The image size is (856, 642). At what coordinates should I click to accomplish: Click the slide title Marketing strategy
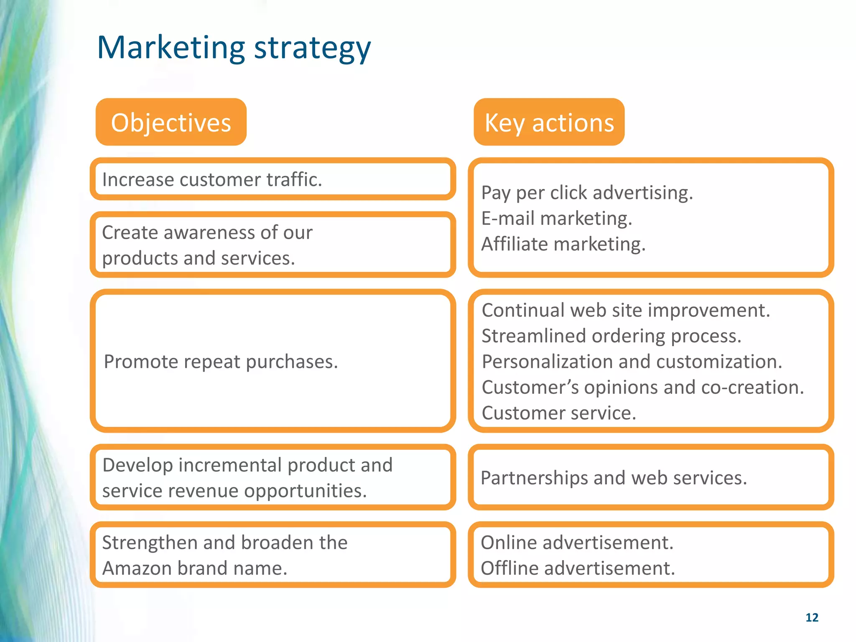(x=234, y=48)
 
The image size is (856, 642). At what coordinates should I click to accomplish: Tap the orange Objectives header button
(x=171, y=122)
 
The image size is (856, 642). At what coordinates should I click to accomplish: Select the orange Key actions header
(x=549, y=122)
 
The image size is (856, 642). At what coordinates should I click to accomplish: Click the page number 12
(x=812, y=617)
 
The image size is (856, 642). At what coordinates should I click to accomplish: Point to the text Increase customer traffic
(x=212, y=180)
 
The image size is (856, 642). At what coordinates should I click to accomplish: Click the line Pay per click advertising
(x=587, y=193)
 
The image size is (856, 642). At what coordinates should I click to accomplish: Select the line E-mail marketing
(x=556, y=219)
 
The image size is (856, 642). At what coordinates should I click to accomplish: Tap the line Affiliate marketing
(x=563, y=244)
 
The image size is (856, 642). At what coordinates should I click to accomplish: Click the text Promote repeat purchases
(x=221, y=362)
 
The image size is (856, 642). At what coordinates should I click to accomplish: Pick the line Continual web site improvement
(x=625, y=311)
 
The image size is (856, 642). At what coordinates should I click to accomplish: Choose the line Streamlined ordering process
(x=611, y=336)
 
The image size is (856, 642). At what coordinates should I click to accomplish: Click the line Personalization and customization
(x=632, y=362)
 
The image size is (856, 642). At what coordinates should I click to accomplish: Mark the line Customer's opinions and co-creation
(x=642, y=387)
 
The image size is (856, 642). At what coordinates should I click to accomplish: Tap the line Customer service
(x=558, y=413)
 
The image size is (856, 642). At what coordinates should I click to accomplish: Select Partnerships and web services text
(x=613, y=478)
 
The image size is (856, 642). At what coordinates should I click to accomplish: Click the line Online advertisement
(x=577, y=543)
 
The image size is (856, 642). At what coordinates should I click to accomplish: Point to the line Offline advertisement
(x=578, y=568)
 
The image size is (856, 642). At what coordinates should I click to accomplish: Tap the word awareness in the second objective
(x=208, y=233)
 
